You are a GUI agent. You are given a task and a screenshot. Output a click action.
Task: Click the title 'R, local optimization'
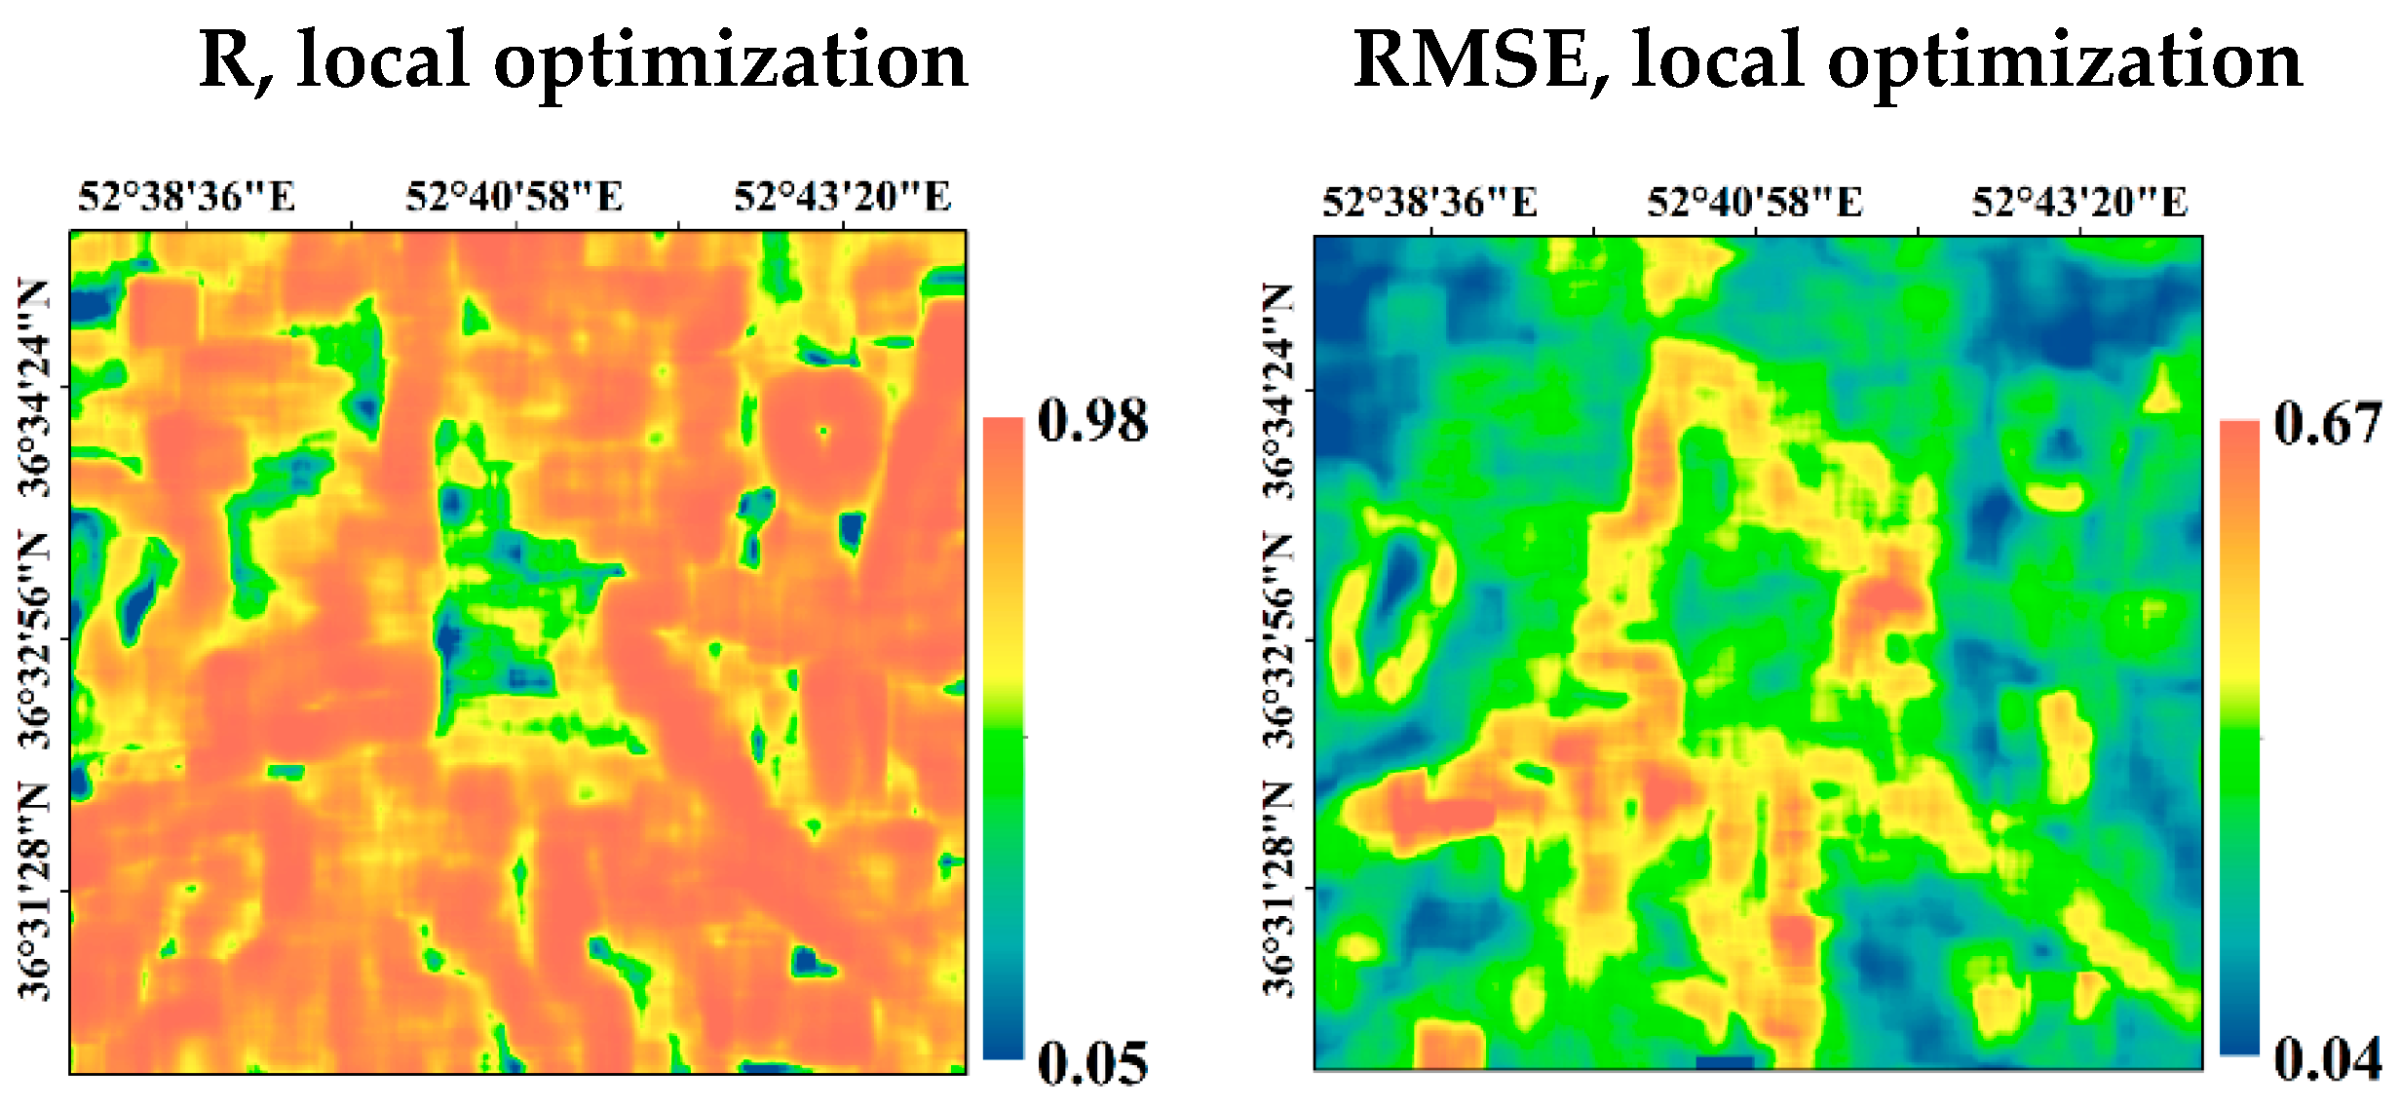coord(583,60)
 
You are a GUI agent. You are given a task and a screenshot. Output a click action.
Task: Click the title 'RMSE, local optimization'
coord(1827,60)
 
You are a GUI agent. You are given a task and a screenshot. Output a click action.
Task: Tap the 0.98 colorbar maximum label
coord(1092,421)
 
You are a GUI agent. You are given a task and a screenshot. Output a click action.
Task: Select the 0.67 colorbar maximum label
coord(2327,424)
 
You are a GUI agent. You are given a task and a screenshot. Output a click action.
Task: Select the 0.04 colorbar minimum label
coord(2327,1058)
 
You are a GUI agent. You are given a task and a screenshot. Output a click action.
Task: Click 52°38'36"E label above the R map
coord(186,197)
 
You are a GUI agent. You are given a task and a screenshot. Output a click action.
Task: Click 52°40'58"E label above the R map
coord(514,197)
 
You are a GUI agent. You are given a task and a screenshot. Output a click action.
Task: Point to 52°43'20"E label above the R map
coord(842,197)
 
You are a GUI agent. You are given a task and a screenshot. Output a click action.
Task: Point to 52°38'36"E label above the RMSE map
coord(1429,203)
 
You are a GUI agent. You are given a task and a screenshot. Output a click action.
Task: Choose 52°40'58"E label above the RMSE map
coord(1755,203)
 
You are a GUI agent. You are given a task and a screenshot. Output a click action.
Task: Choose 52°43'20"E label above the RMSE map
coord(2079,203)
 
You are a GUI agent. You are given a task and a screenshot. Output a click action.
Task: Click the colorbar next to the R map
coord(1003,738)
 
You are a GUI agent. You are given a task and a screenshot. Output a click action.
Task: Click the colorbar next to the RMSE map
coord(2238,738)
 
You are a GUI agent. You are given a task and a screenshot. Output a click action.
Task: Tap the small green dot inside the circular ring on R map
coord(823,430)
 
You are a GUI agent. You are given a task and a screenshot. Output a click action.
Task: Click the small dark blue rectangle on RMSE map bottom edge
coord(1725,1062)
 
